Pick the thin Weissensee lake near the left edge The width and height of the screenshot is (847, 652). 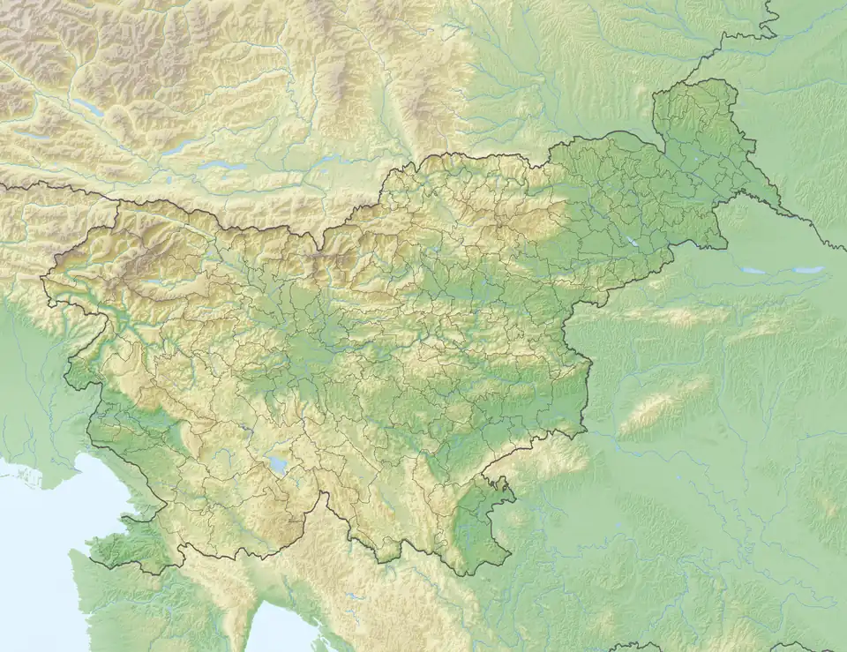26,137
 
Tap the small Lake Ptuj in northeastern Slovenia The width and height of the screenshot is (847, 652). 632,240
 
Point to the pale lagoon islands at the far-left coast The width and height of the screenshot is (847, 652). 26,476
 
